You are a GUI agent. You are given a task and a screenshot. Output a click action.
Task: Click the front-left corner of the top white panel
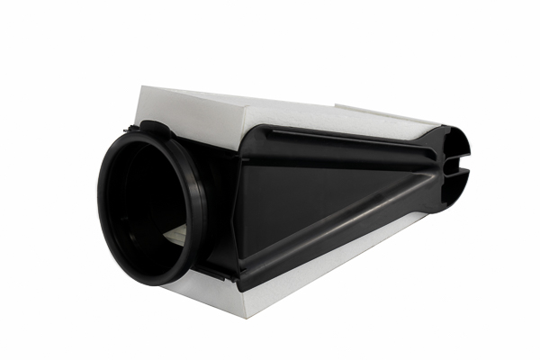[x=144, y=89]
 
